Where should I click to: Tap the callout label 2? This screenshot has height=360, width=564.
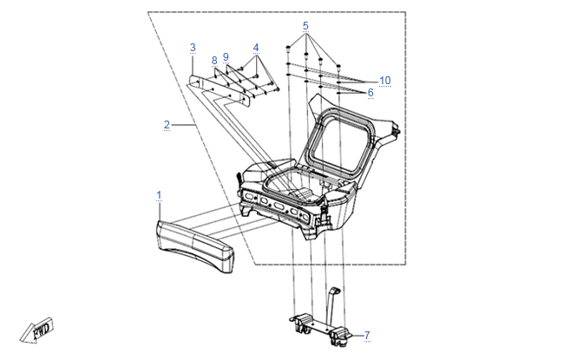pyautogui.click(x=167, y=125)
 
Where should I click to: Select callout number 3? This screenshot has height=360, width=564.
pyautogui.click(x=193, y=47)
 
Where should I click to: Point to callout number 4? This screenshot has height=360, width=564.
pyautogui.click(x=256, y=47)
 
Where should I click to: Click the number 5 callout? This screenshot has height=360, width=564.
pyautogui.click(x=305, y=26)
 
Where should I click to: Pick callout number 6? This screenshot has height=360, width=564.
pyautogui.click(x=371, y=92)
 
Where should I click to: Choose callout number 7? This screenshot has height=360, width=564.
pyautogui.click(x=367, y=335)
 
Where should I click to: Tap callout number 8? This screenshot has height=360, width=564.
pyautogui.click(x=214, y=60)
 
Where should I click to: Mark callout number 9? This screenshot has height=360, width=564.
pyautogui.click(x=226, y=56)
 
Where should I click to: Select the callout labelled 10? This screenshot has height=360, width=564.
pyautogui.click(x=384, y=81)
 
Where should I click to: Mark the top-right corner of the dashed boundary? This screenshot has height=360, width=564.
pyautogui.click(x=406, y=12)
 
